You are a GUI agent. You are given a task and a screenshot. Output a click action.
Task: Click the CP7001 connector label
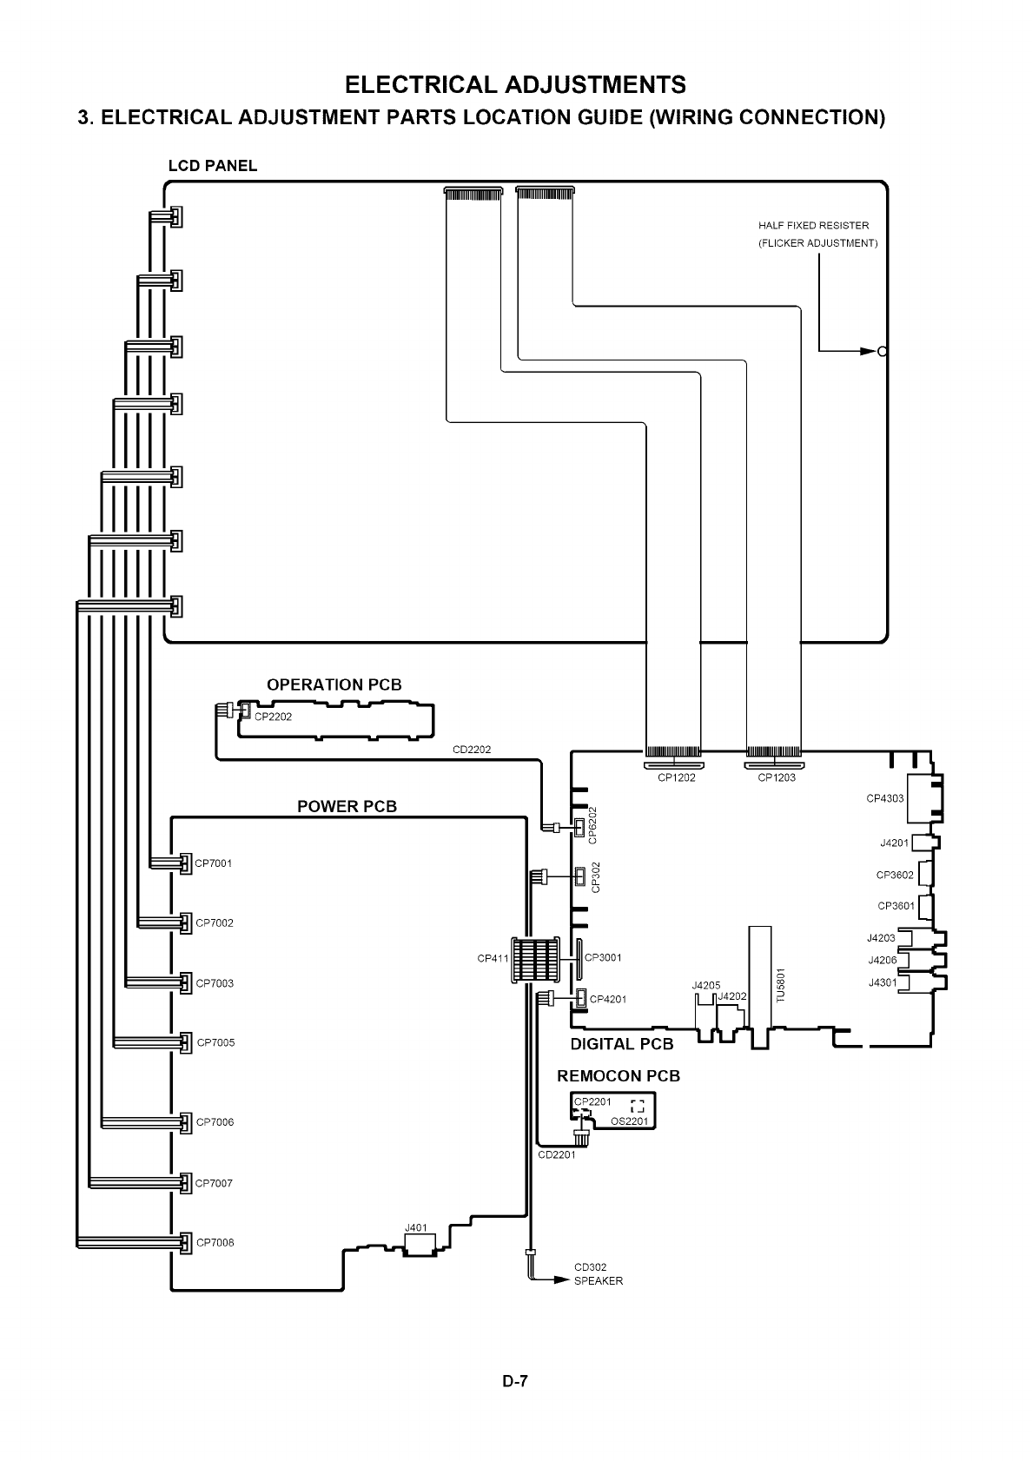click(214, 863)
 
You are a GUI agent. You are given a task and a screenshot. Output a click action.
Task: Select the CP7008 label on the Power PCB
click(215, 1242)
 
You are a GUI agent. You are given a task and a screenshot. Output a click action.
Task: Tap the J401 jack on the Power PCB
click(417, 1228)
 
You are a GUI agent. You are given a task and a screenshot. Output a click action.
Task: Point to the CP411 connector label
click(493, 959)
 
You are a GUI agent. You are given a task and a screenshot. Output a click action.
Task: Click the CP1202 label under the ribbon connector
click(676, 778)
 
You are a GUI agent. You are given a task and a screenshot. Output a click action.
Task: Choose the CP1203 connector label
click(777, 778)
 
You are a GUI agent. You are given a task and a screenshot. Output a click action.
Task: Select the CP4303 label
click(884, 798)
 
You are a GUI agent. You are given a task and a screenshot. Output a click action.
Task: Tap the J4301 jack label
click(883, 982)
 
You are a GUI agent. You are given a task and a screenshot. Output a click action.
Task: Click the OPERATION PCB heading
click(334, 684)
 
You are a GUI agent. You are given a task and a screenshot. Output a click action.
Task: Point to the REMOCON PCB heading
click(619, 1076)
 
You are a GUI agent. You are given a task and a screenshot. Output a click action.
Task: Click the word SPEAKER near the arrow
click(599, 1281)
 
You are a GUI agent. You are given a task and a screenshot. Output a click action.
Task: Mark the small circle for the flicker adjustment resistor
click(883, 352)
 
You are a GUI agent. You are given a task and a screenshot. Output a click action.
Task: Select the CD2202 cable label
click(473, 750)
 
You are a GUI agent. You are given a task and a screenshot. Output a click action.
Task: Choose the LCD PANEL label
click(212, 166)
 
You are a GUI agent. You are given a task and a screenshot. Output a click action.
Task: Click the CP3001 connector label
click(603, 958)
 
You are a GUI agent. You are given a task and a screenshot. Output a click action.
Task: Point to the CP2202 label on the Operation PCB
click(274, 717)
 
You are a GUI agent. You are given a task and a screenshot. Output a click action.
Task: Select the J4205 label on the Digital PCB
click(706, 986)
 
